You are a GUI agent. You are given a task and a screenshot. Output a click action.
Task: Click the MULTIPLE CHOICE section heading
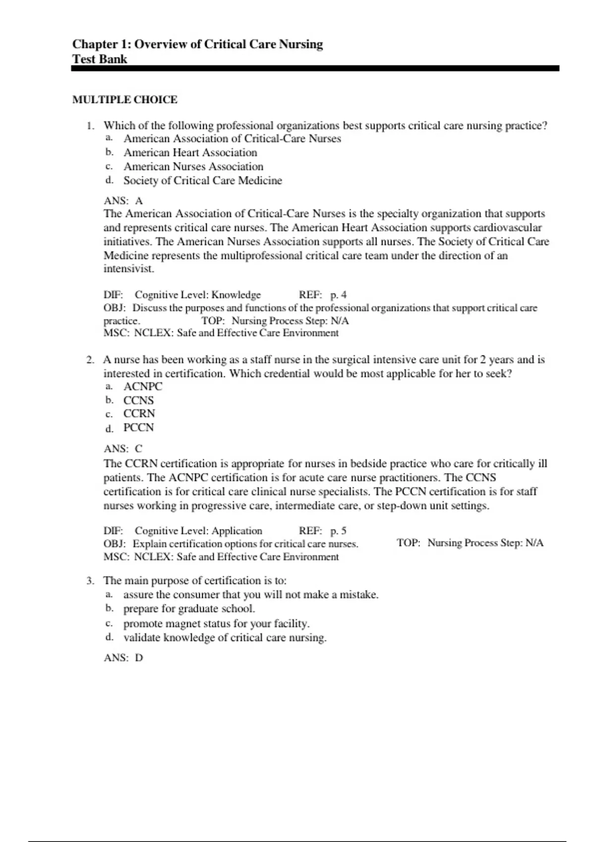point(124,100)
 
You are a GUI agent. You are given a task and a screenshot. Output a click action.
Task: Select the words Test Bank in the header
point(100,59)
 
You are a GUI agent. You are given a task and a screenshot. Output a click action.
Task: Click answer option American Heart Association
point(190,153)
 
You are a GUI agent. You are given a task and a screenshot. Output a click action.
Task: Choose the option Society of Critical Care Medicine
point(203,180)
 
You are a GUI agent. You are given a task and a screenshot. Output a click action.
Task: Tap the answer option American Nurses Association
point(193,166)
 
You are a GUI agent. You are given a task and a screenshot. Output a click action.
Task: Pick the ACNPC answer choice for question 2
point(143,386)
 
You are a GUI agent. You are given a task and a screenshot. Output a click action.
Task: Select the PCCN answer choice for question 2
point(139,427)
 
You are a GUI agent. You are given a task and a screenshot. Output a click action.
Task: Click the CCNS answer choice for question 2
point(139,400)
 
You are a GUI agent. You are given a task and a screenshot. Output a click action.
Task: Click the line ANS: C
point(123,449)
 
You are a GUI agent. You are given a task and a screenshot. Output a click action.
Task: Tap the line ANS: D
point(123,658)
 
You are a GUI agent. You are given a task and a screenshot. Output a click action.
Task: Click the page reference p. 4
point(339,295)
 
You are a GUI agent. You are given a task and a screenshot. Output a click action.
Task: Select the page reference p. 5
point(339,531)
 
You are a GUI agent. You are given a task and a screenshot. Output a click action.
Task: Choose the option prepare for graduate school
point(189,608)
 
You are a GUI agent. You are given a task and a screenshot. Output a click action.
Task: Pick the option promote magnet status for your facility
point(216,623)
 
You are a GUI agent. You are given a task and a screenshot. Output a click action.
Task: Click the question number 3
point(90,580)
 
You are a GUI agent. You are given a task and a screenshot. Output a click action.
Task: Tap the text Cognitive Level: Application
point(198,531)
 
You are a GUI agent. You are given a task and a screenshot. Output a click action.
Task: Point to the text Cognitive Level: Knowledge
point(198,295)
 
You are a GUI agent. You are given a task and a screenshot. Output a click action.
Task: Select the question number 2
point(90,360)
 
